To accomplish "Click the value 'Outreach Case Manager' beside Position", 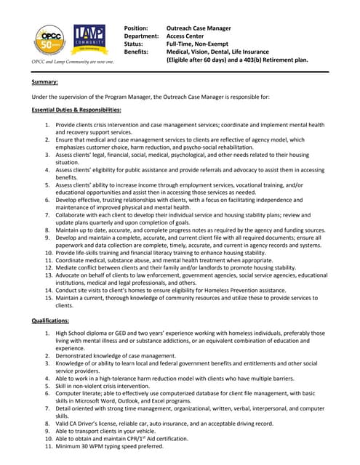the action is [199, 28].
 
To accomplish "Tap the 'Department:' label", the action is [141, 36].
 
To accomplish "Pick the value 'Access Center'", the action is [186, 36].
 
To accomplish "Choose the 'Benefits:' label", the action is [137, 52].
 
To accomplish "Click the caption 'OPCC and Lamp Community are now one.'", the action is [72, 62].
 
